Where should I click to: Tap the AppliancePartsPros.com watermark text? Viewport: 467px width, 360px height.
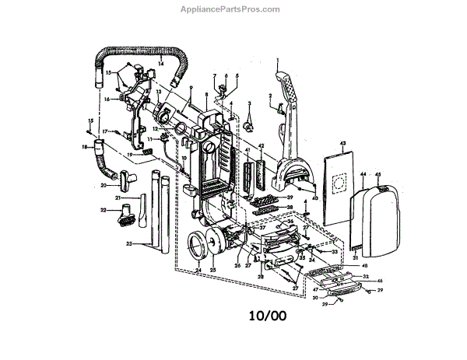coord(233,9)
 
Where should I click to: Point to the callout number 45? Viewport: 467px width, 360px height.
coord(378,175)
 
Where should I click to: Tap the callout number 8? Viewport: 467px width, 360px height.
coord(206,94)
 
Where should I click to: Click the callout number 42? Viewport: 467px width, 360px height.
coord(262,145)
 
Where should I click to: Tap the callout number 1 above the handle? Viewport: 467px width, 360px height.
coord(276,59)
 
